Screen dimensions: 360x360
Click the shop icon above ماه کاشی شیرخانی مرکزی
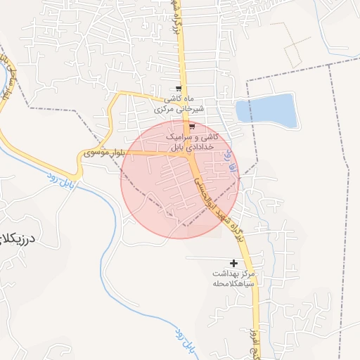point(179,89)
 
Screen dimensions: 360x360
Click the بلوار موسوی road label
point(103,152)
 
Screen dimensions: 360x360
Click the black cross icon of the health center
point(233,263)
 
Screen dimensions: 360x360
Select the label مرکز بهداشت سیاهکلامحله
point(232,278)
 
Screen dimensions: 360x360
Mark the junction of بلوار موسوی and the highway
point(191,152)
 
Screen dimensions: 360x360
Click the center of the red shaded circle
point(180,179)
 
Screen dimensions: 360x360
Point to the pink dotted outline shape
point(292,44)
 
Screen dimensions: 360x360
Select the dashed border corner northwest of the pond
point(247,80)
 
